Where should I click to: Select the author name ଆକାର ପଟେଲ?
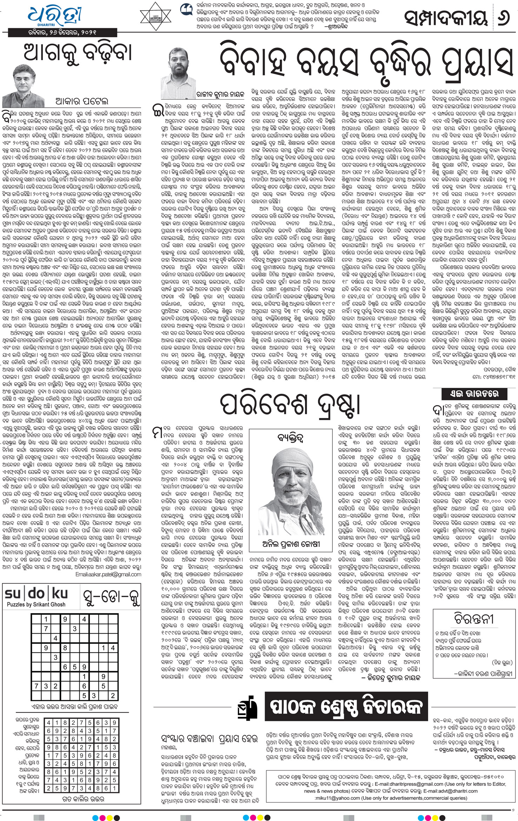click(x=82, y=101)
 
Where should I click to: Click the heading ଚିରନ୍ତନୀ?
click(x=474, y=620)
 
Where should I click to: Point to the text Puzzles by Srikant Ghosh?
click(x=36, y=604)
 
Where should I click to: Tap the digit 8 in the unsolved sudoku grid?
click(x=65, y=648)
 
